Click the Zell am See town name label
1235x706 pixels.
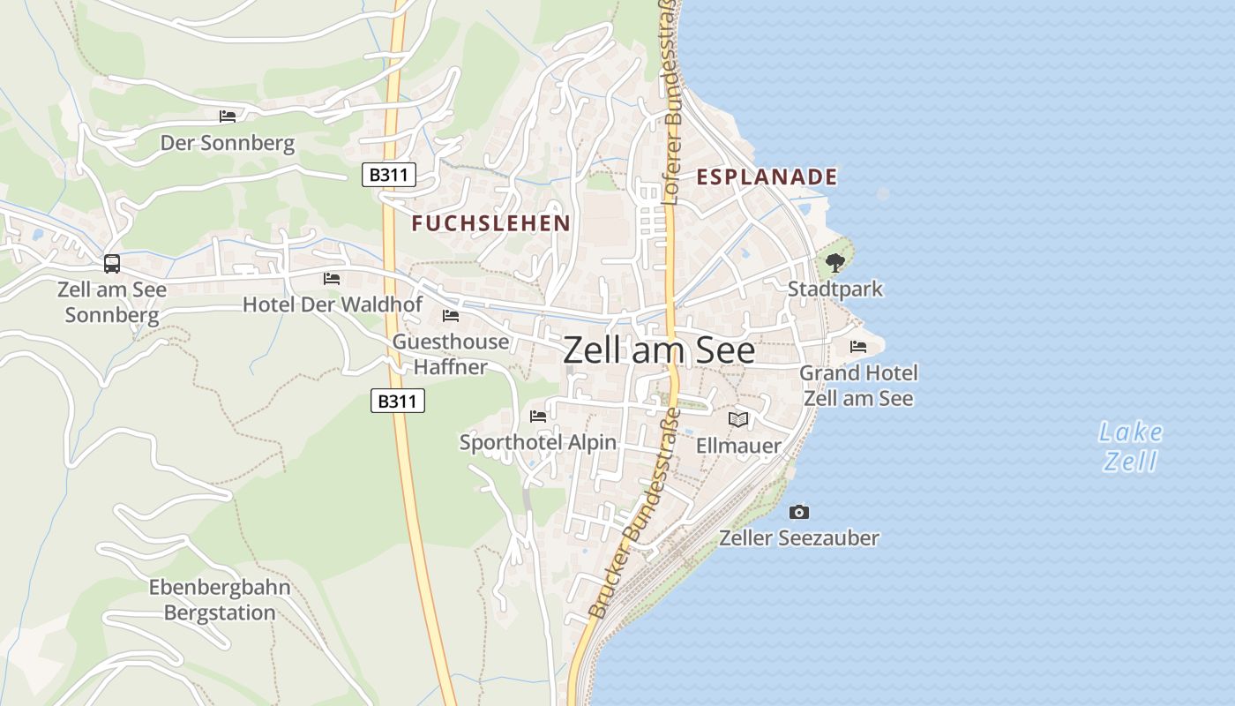(659, 351)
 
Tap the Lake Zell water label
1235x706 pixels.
(1131, 447)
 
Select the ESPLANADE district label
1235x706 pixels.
(767, 176)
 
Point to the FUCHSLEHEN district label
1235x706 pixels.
(491, 223)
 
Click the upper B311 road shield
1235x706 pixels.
(388, 175)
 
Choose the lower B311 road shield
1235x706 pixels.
(398, 402)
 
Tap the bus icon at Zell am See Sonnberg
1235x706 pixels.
(112, 263)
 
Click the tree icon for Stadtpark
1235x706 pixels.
(835, 262)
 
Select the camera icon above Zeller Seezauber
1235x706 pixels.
(799, 512)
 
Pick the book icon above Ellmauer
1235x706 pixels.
(738, 419)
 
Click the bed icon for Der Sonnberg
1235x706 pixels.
(228, 116)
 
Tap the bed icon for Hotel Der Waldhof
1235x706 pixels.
(332, 278)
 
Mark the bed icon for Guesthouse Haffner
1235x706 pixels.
(451, 315)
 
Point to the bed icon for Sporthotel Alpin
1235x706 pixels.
(538, 416)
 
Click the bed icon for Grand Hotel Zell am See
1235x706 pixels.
(858, 346)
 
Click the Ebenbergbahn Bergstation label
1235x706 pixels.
(220, 600)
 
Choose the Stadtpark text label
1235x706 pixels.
(835, 289)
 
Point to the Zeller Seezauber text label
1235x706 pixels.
(799, 537)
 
